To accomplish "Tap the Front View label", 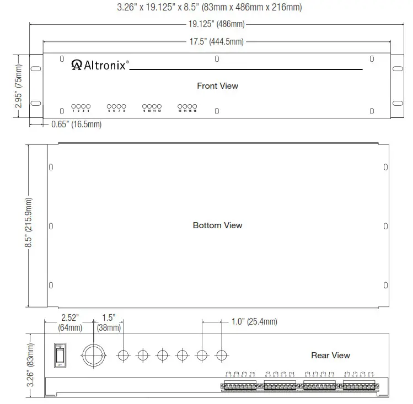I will coord(217,86).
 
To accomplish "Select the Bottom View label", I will coord(217,225).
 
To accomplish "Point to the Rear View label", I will coord(330,355).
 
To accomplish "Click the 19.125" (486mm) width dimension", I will coord(216,24).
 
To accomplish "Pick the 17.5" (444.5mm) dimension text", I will coord(216,42).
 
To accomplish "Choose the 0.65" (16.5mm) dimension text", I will coord(76,125).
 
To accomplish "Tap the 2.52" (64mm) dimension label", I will coord(70,323).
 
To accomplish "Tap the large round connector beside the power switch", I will coord(93,354).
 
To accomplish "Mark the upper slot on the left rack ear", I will coord(35,69).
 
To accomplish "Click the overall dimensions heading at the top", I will coord(210,8).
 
